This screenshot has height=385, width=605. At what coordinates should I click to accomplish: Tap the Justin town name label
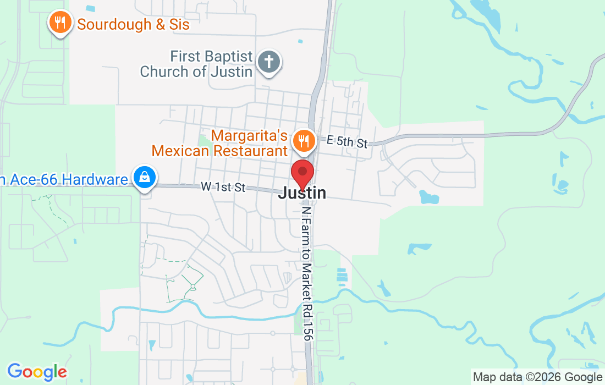click(x=302, y=193)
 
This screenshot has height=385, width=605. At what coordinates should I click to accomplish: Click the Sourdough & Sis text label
click(x=133, y=24)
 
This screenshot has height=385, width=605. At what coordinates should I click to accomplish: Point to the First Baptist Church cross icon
click(x=269, y=62)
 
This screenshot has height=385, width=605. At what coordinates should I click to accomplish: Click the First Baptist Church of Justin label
click(x=196, y=64)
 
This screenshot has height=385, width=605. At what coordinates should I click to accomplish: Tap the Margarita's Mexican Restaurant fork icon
click(x=302, y=141)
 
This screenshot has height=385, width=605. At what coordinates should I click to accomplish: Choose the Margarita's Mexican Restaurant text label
click(x=220, y=143)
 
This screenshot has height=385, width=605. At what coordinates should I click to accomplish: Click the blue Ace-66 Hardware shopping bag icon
click(x=144, y=178)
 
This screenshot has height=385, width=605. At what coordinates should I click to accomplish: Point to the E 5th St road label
click(x=346, y=141)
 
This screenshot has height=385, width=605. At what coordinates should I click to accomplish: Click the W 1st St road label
click(x=223, y=188)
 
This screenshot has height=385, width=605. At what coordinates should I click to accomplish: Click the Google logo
click(x=37, y=372)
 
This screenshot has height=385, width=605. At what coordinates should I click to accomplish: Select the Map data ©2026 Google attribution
click(x=537, y=377)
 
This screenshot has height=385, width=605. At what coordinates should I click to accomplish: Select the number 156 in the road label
click(x=307, y=331)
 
